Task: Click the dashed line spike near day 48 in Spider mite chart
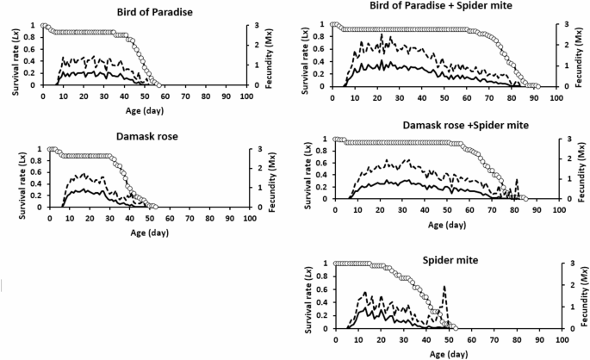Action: tap(444, 288)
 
